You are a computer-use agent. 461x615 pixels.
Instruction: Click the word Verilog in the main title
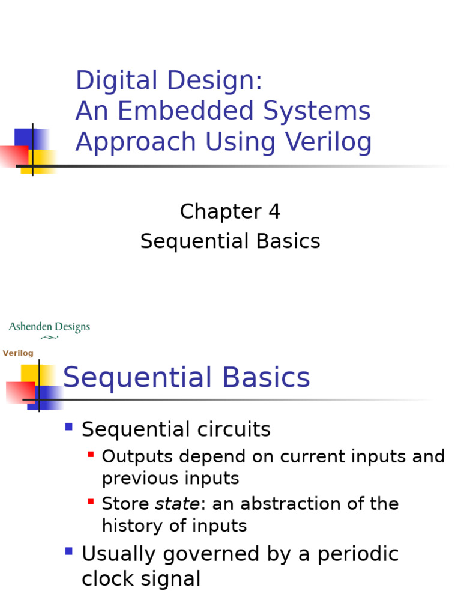(x=328, y=142)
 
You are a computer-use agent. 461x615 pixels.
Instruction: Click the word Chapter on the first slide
(x=220, y=211)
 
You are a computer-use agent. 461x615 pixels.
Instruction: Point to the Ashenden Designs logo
(x=49, y=329)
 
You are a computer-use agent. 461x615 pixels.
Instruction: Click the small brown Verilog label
(x=18, y=353)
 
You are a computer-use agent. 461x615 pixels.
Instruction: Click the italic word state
(x=177, y=504)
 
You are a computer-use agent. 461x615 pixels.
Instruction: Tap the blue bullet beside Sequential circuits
(x=69, y=428)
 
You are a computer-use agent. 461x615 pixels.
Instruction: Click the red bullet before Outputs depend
(x=91, y=455)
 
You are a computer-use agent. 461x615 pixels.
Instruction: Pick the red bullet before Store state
(x=91, y=501)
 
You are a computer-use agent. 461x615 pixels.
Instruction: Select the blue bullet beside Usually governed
(x=69, y=551)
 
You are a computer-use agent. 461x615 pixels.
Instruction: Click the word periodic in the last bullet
(x=358, y=554)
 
